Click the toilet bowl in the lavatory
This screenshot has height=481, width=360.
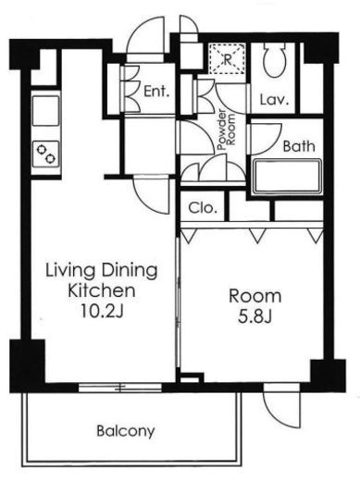tap(274, 60)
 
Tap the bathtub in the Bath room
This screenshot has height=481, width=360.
tap(287, 177)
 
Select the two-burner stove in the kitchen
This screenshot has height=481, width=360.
tap(46, 154)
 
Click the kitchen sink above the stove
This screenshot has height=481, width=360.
tap(45, 111)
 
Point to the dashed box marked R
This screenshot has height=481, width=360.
tap(228, 58)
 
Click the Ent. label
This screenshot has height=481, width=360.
tap(156, 92)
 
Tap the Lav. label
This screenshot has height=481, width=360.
tap(274, 100)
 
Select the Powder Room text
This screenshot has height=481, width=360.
tap(227, 129)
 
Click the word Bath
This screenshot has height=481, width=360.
tap(299, 146)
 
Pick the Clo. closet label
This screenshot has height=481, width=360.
tap(203, 208)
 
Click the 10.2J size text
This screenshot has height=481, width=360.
tap(102, 311)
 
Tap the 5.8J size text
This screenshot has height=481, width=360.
tap(254, 316)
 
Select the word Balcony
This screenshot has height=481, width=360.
tap(126, 431)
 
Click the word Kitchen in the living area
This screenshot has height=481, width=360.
tap(102, 290)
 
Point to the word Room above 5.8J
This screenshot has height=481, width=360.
tap(254, 296)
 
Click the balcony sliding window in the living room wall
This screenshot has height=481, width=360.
tap(120, 388)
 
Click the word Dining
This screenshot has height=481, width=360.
tap(130, 270)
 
